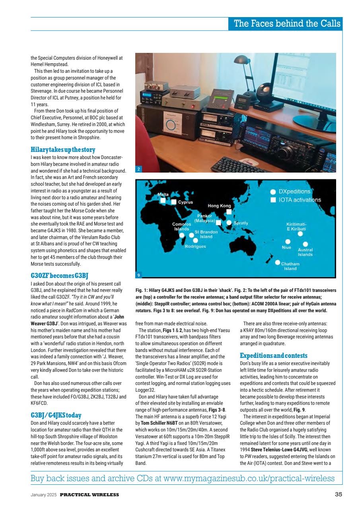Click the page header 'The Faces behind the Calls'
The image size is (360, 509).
click(287, 23)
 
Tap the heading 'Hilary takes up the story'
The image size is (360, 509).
click(63, 150)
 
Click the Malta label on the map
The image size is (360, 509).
click(163, 195)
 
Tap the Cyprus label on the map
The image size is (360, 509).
click(185, 202)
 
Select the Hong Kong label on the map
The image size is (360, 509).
click(219, 206)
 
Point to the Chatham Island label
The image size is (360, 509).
click(290, 266)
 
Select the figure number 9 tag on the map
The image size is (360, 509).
click(138, 274)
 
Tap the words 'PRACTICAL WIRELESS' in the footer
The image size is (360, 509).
click(90, 494)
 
